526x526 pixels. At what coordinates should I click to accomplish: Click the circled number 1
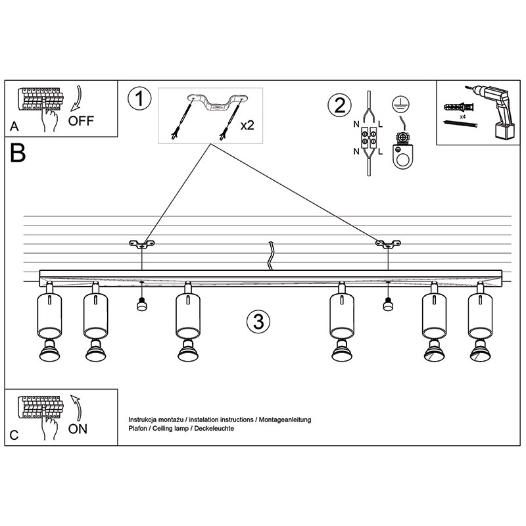point(139,98)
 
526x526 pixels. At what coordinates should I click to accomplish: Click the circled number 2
point(339,105)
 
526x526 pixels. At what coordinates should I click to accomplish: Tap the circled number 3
point(258,321)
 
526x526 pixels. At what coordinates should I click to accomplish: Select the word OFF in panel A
point(81,121)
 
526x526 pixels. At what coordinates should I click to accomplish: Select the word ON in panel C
point(78,429)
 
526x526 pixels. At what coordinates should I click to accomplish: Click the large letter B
point(18,153)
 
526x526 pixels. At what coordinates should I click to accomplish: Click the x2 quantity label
point(247,126)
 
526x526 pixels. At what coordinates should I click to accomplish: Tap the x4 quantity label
point(463,117)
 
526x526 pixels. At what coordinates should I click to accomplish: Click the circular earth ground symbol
point(400,105)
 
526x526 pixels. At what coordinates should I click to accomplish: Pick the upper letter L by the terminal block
point(381,124)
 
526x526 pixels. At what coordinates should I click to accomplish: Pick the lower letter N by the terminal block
point(356,152)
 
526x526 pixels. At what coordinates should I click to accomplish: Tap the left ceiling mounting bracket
point(142,244)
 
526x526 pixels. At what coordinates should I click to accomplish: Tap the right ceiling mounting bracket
point(388,244)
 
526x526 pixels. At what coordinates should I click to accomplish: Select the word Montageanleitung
point(285,419)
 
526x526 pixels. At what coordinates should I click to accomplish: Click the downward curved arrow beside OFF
point(77,98)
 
